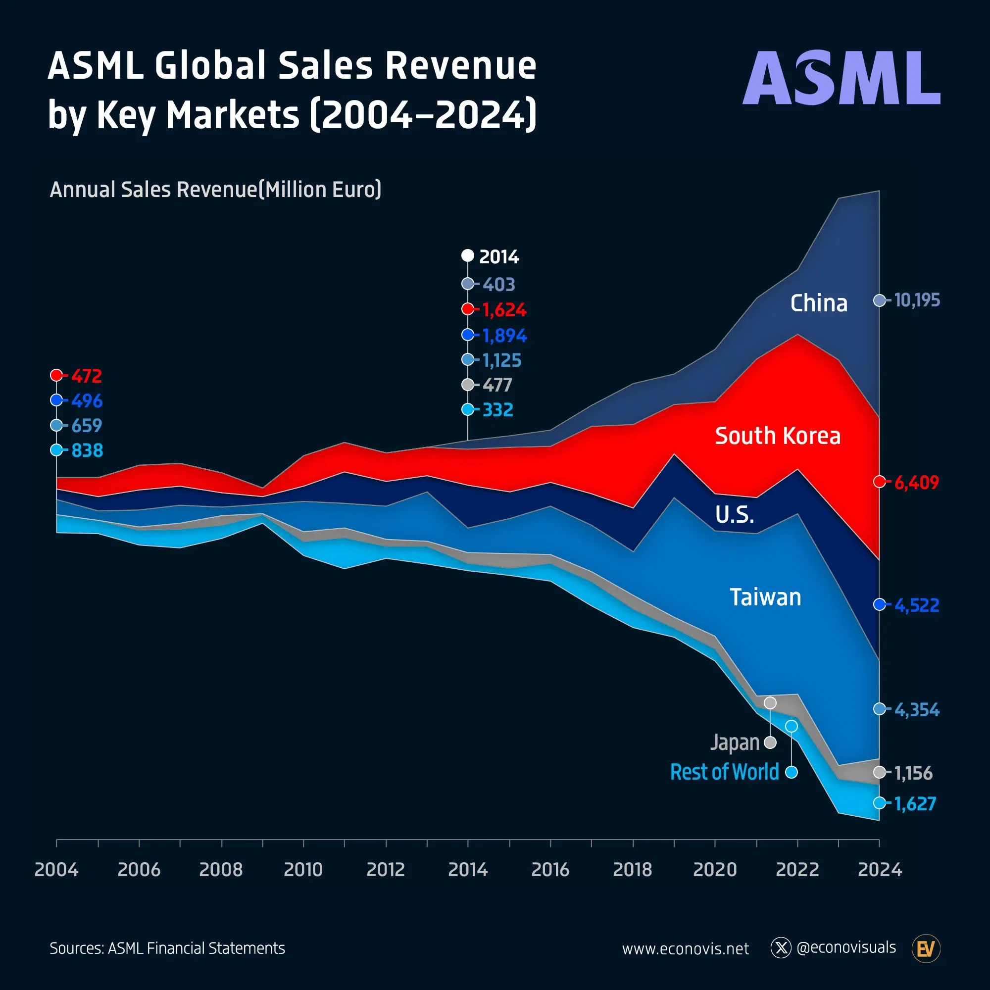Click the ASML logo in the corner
(x=841, y=78)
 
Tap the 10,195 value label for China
(x=916, y=300)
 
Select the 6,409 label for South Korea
(x=916, y=482)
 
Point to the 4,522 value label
(x=916, y=605)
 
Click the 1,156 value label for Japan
(x=913, y=773)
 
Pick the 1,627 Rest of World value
(x=915, y=803)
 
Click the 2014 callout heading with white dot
(x=498, y=256)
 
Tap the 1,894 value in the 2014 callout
(x=504, y=336)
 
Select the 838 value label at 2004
(x=87, y=450)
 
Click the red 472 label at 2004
(x=86, y=376)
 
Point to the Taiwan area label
(x=765, y=597)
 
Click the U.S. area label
(x=734, y=514)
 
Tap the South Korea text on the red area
(x=777, y=436)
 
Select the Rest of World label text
(x=724, y=772)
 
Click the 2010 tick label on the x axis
(x=303, y=870)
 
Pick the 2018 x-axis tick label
(x=632, y=870)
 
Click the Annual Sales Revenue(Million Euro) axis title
(x=215, y=190)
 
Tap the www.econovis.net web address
(x=685, y=949)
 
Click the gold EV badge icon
(x=926, y=949)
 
